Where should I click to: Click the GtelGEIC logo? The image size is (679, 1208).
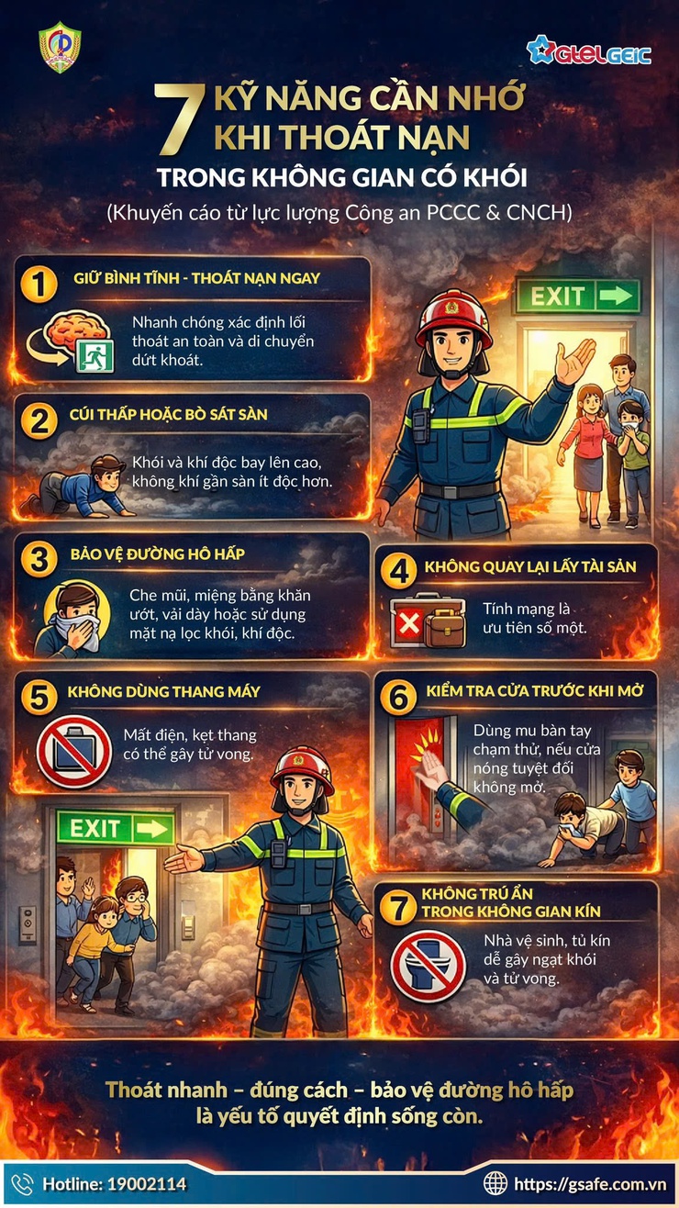588,50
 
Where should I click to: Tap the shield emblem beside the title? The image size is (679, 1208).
60,48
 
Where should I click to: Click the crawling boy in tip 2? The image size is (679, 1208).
78,486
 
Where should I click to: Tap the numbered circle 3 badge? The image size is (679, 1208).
39,559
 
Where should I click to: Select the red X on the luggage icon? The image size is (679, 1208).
409,624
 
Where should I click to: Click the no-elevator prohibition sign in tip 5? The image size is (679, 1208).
73,751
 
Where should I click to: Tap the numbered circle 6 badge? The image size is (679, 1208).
398,698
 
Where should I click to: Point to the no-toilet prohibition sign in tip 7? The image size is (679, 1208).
428,966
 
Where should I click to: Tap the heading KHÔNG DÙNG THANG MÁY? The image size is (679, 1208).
164,692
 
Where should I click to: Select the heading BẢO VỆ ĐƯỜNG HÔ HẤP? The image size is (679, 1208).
157,554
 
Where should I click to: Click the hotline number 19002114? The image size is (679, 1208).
147,1184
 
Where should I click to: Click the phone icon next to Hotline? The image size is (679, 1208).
22,1184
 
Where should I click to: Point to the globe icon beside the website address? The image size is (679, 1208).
495,1184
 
